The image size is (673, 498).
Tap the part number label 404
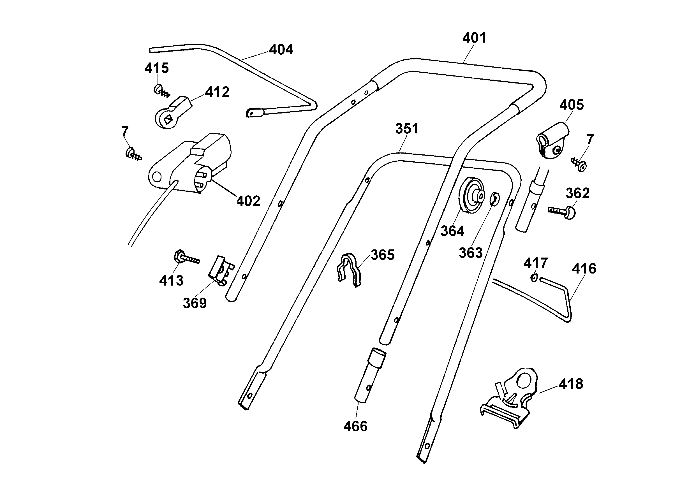[281, 49]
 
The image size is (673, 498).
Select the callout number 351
[407, 129]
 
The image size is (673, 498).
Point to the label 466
[355, 426]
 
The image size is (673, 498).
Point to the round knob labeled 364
[472, 195]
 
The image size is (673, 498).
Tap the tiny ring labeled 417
[534, 278]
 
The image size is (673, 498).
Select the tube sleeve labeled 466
[369, 375]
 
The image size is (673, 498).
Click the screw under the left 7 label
[133, 154]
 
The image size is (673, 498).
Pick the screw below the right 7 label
[579, 165]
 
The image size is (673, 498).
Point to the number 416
[584, 268]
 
